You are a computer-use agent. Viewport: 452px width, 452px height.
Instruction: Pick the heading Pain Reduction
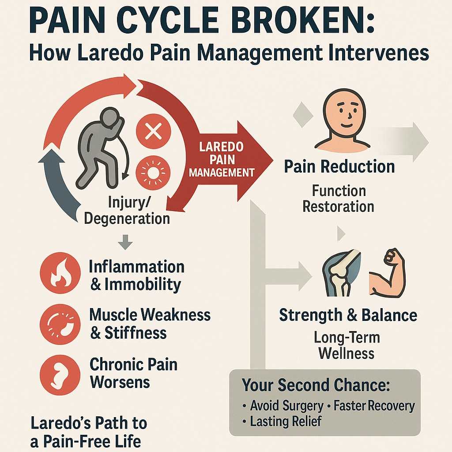(339, 167)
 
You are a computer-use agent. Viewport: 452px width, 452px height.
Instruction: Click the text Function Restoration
(339, 199)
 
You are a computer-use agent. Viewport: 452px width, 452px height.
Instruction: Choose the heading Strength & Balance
(348, 316)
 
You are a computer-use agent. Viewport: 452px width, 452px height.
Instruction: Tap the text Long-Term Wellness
(347, 346)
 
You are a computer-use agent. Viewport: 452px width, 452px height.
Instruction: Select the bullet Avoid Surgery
(284, 406)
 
